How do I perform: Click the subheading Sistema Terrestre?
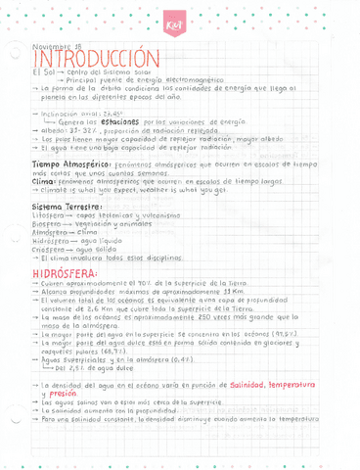(x=67, y=208)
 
